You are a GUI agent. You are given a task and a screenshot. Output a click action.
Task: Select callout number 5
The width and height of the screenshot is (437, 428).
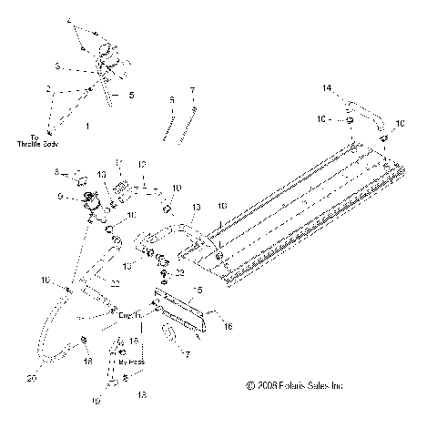(130, 94)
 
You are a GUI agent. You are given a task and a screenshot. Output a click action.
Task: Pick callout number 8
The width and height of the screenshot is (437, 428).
(56, 170)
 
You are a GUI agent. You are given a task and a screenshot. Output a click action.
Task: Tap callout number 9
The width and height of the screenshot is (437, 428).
(62, 196)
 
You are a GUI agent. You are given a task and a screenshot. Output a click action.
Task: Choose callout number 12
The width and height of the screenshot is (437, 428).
(141, 164)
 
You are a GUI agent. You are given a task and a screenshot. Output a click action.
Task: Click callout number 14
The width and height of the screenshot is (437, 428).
(328, 87)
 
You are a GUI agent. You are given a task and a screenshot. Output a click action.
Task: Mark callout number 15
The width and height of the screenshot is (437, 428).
(195, 290)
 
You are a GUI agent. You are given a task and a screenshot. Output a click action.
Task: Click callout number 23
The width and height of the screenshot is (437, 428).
(180, 272)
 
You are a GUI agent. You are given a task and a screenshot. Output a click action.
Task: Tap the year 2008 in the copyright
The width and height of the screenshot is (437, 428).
(269, 385)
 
